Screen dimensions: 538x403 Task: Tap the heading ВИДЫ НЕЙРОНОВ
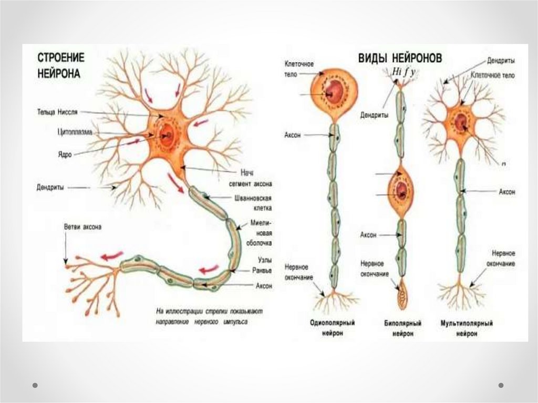[x=400, y=57]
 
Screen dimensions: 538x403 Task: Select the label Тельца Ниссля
[x=58, y=111]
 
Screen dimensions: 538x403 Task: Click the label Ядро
[x=65, y=155]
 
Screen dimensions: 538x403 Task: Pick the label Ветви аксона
[x=82, y=227]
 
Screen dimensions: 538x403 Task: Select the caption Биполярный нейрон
[x=401, y=327]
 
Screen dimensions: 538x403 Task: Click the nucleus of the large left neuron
[x=168, y=135]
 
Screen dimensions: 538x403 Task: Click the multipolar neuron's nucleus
[x=461, y=122]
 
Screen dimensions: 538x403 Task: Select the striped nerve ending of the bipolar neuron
[x=402, y=294]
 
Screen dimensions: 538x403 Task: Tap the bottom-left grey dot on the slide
[x=35, y=385]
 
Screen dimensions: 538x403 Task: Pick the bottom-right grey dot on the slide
[x=501, y=385]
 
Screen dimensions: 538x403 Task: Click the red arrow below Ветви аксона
[x=111, y=256]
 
